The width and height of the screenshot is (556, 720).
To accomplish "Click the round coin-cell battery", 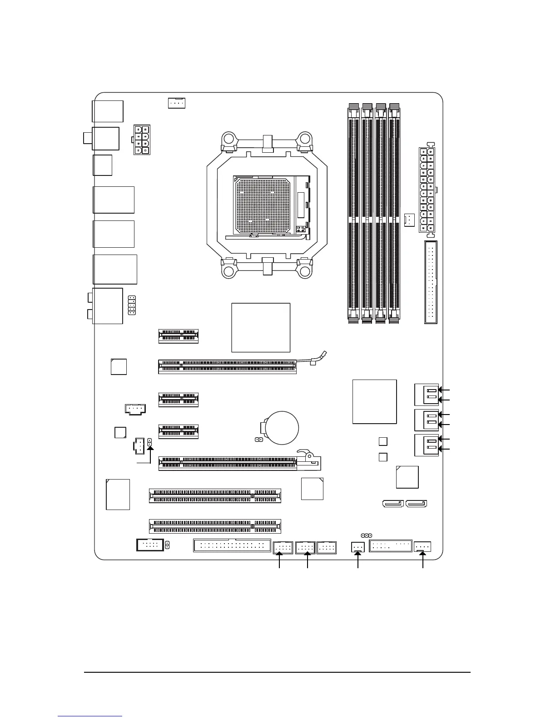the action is pos(281,427).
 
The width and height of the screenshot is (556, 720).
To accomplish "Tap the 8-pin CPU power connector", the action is pos(142,140).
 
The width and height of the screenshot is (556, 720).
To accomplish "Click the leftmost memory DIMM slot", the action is pos(353,214).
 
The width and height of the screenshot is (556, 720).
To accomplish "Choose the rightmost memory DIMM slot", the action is pos(394,214).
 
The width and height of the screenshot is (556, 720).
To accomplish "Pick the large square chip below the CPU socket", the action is pos(261,327).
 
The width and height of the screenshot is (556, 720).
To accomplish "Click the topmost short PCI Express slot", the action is pos(179,336).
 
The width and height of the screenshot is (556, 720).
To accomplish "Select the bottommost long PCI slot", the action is pos(215,526).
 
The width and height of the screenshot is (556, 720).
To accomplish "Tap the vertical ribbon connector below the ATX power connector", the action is pos(431,282).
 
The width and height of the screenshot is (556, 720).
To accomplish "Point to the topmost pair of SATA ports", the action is pos(427,395).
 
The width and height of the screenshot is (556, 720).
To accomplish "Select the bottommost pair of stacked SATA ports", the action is pos(427,445).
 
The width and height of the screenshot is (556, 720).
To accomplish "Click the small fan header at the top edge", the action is pos(176,103).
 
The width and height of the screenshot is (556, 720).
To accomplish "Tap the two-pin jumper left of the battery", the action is pos(258,440).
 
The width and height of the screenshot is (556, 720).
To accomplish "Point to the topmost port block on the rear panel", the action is pos(108,111).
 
